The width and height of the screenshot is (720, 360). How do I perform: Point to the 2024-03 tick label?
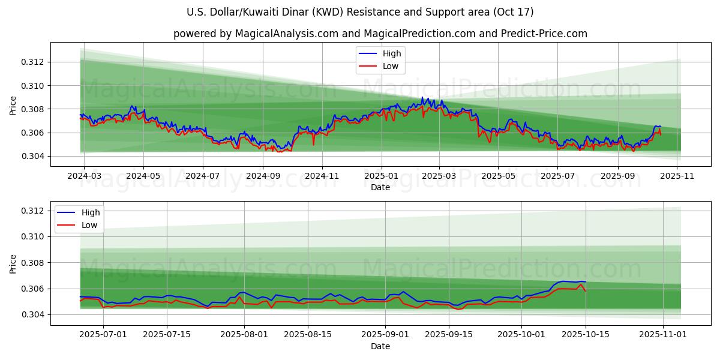point(83,176)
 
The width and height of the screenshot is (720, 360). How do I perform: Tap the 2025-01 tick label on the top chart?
point(381,176)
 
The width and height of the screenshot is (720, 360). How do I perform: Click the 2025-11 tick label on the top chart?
point(677,176)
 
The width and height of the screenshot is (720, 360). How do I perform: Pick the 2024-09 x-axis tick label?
point(263,176)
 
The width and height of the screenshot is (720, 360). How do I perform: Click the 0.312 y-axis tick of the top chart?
point(34,62)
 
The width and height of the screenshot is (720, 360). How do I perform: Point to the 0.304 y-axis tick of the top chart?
point(34,157)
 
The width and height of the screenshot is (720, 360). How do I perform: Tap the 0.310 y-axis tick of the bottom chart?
point(34,236)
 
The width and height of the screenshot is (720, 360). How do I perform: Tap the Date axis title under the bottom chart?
point(380,346)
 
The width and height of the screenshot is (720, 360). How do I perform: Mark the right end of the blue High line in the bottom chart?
point(586,281)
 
